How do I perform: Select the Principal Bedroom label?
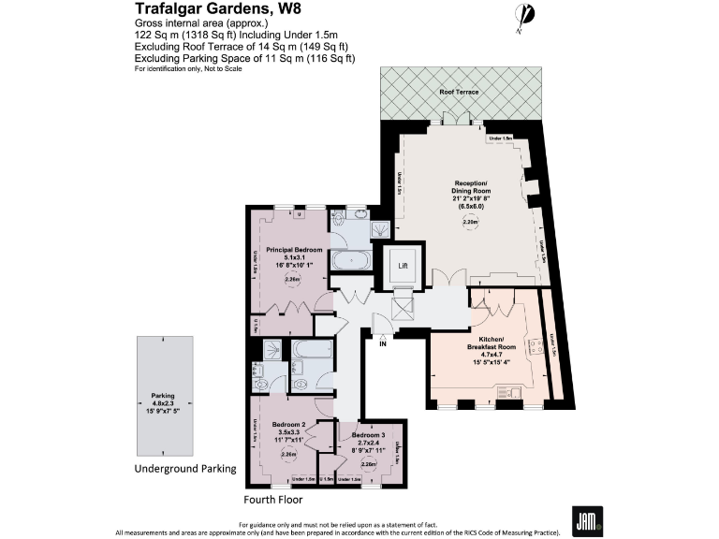[x=294, y=250]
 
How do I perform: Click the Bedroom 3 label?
[x=369, y=436]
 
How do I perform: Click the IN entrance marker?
[x=382, y=344]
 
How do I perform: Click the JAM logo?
[x=587, y=520]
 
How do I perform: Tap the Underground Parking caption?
[x=185, y=468]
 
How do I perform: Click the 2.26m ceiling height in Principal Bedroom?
[x=292, y=279]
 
